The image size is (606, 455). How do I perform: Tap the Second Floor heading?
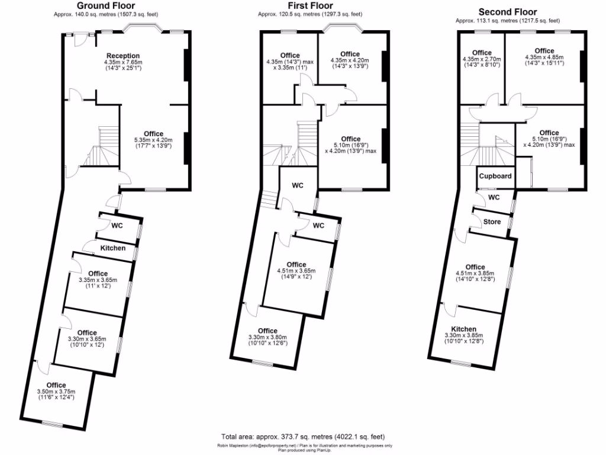508,11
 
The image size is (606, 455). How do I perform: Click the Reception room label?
123,56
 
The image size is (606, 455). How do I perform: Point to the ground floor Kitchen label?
112,248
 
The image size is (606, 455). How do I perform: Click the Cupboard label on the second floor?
495,177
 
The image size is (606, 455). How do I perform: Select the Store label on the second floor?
492,222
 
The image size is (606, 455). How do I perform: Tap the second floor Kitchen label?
464,329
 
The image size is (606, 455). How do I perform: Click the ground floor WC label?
117,225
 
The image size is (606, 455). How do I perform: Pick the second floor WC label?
494,197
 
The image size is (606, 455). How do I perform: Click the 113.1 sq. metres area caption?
508,20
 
